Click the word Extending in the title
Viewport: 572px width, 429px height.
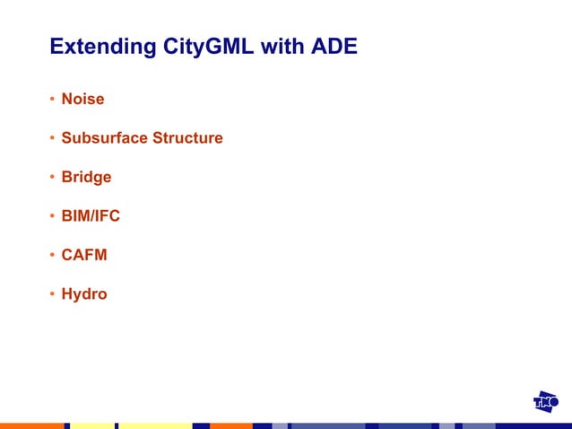coord(103,47)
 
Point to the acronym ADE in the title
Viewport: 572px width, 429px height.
coord(334,47)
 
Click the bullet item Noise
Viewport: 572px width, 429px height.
coord(82,99)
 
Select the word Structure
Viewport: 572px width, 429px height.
coord(187,138)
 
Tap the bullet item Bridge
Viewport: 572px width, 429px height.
coord(86,177)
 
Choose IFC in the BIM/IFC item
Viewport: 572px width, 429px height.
coord(107,216)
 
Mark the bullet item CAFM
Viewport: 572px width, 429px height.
coord(84,255)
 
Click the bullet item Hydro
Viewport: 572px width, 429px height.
coord(84,294)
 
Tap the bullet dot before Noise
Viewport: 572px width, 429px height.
coord(53,99)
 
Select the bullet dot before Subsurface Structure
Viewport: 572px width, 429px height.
coord(53,138)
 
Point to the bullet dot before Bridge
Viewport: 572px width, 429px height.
coord(53,178)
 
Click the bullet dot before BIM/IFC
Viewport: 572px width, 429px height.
coord(53,216)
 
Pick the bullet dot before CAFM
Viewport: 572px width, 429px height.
coord(53,256)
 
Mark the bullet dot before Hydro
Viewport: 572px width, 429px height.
coord(53,294)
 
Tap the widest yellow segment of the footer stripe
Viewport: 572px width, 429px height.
coord(155,425)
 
